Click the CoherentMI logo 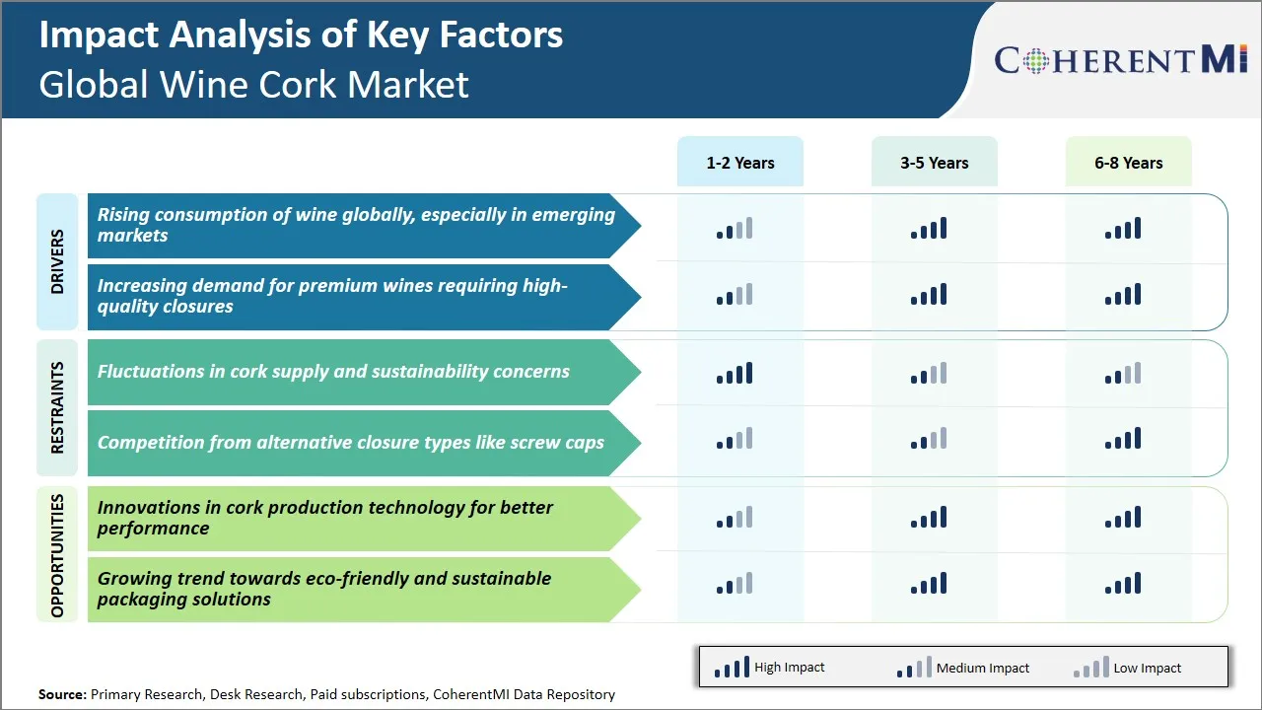1121,60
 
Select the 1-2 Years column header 739,163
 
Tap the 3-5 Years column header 934,163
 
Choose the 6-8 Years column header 1128,163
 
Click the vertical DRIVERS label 57,261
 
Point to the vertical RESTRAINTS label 57,407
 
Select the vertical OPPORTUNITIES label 57,555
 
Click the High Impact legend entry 769,668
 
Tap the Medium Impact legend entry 962,668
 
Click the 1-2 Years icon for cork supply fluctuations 735,374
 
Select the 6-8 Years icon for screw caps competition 1123,439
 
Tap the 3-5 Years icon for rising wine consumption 929,229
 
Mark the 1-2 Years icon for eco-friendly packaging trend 735,584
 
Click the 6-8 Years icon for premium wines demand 1123,295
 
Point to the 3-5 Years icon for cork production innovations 929,518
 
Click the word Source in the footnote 61,694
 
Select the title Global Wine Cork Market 253,84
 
